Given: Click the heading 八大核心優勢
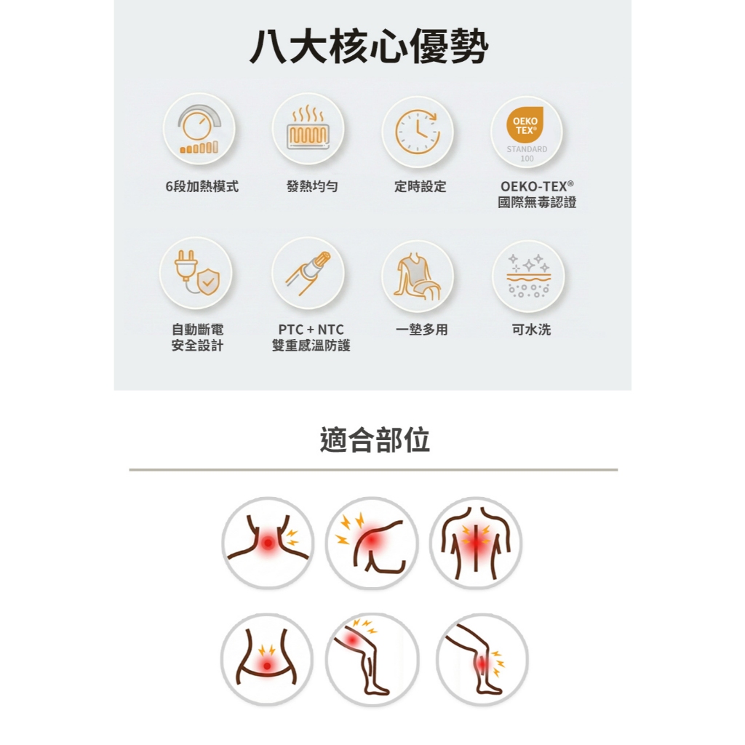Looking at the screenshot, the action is tap(369, 46).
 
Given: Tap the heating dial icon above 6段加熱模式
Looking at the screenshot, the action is tap(199, 130).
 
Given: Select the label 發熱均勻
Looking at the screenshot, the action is tap(312, 186).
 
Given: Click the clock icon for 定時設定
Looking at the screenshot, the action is tap(418, 132).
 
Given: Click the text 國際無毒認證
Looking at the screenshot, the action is tap(537, 202).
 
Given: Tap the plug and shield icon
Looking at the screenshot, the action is tap(196, 274).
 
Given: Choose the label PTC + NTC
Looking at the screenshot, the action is tap(311, 330).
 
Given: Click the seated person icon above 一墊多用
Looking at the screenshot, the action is tap(418, 276).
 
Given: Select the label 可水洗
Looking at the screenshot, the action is tap(531, 330).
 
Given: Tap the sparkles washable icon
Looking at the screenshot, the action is tap(528, 276).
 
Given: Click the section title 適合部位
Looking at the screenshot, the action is tap(375, 439).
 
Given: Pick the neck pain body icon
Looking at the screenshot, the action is tap(268, 543).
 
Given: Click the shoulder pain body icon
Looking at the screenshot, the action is tap(372, 543).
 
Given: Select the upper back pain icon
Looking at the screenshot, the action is tap(476, 543).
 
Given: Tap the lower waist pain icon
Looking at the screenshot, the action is tap(267, 659).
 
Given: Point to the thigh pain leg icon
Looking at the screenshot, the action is tap(372, 659).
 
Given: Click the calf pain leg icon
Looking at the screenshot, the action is tap(482, 659).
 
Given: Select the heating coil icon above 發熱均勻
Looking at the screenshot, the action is tap(308, 129).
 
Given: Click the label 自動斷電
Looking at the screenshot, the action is tap(197, 330).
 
